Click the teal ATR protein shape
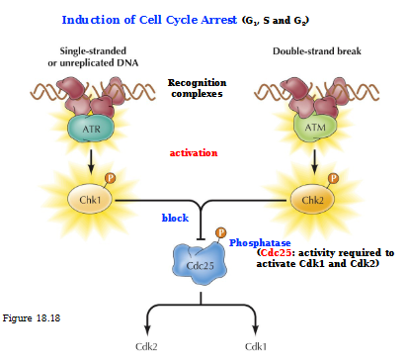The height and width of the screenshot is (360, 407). coord(91,129)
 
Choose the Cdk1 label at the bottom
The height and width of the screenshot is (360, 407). coord(256,347)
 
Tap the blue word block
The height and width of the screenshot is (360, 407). coord(176,217)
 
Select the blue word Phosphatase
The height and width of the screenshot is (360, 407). coord(260,240)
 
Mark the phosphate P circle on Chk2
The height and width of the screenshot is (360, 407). coord(334,180)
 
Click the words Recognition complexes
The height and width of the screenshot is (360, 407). coord(198,90)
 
